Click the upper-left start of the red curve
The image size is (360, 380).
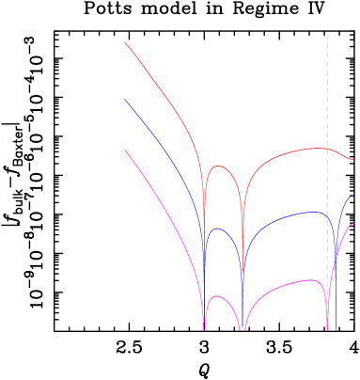[125, 41]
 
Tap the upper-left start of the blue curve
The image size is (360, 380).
[125, 100]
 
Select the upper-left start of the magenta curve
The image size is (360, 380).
[125, 149]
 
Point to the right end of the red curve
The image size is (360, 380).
[353, 159]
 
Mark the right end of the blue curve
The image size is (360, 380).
[353, 196]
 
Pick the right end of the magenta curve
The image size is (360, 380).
[353, 224]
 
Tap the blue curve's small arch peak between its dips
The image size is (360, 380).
[216, 229]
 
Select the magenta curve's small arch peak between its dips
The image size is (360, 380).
[217, 296]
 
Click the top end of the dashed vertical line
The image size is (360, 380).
[327, 36]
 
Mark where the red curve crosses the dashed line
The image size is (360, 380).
[327, 148]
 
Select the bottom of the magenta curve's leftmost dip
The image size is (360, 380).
[204, 329]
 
